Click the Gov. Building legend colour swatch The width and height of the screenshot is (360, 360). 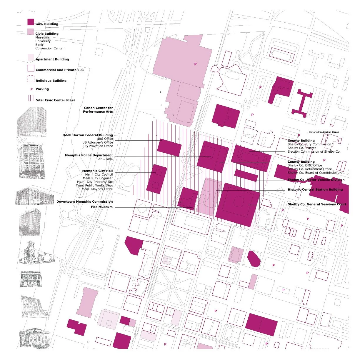[x=31, y=22]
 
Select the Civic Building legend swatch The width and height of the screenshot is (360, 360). [x=31, y=32]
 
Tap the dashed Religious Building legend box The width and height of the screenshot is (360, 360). [x=31, y=79]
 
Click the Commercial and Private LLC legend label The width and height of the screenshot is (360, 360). [x=59, y=70]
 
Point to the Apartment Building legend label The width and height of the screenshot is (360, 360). [x=52, y=59]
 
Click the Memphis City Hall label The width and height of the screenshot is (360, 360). [x=97, y=171]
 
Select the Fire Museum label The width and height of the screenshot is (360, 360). [x=101, y=207]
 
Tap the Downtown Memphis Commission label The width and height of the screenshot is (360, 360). [x=84, y=202]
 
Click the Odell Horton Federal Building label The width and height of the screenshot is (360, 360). [x=88, y=135]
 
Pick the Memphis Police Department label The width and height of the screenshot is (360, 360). [x=89, y=155]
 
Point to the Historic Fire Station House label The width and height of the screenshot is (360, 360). [x=324, y=132]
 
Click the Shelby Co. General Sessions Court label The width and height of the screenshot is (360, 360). [x=317, y=204]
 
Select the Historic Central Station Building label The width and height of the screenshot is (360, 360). [x=315, y=190]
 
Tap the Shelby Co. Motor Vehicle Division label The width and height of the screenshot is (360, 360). [x=316, y=180]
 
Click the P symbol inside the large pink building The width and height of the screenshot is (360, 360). [x=195, y=64]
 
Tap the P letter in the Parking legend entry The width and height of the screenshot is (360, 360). [x=31, y=89]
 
